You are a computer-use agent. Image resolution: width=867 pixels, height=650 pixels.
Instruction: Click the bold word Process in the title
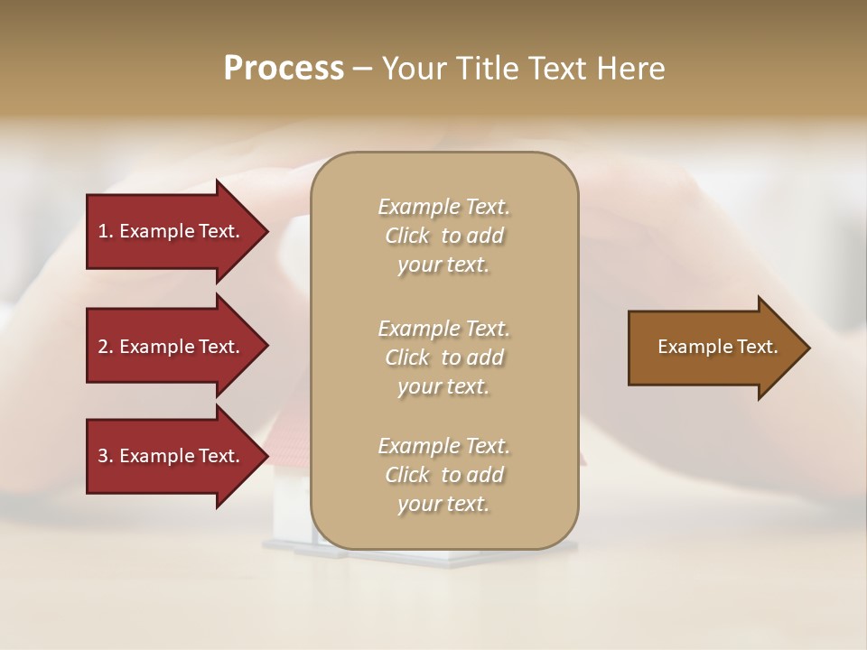[284, 69]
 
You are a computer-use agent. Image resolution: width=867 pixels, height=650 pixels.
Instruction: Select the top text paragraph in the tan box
[443, 236]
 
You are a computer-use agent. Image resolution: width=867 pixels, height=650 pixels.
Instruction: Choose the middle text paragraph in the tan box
[443, 357]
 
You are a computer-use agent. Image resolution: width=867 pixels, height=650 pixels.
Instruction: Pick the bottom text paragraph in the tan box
[443, 475]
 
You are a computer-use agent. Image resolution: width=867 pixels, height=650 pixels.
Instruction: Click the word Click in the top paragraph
[407, 236]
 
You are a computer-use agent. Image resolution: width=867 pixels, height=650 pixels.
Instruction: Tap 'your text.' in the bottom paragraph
[443, 504]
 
